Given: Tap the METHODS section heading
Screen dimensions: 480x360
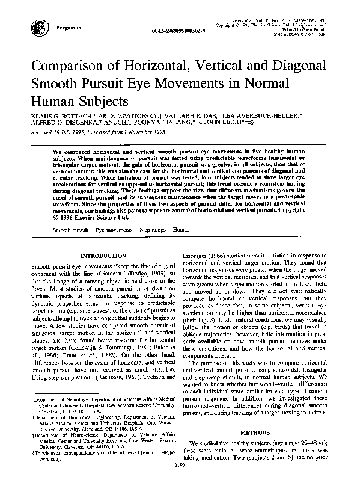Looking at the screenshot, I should [257, 433].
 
